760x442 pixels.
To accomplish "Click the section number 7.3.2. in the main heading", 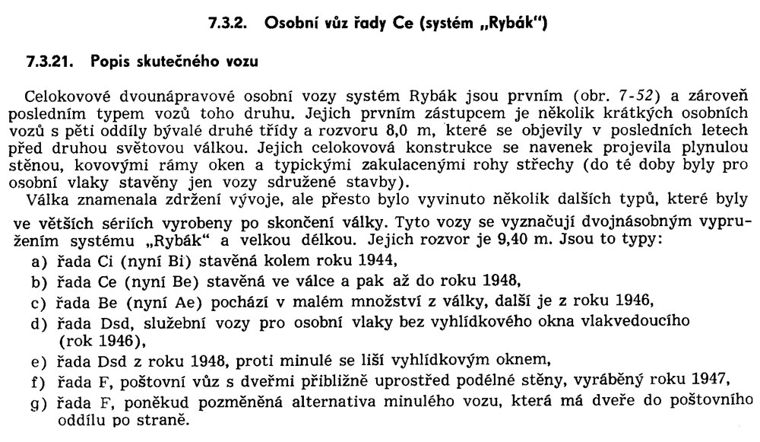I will coord(229,24).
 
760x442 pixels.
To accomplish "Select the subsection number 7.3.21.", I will coord(48,62).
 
